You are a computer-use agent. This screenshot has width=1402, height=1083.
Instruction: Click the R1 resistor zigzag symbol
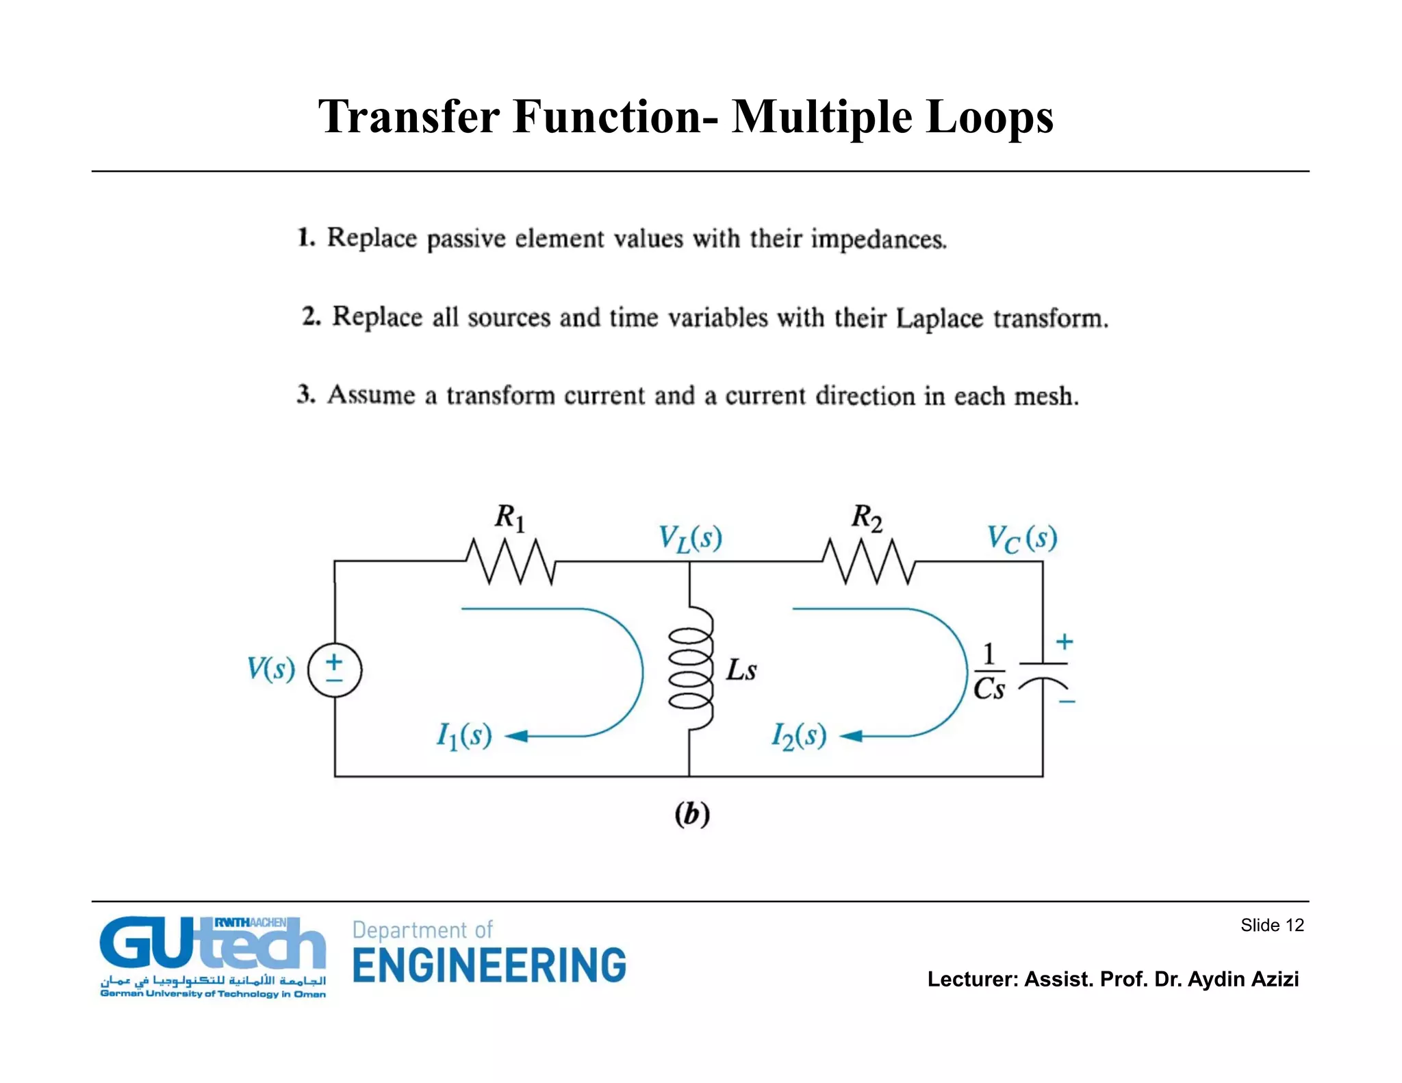(511, 561)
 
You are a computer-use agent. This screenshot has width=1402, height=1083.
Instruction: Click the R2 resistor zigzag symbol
(868, 561)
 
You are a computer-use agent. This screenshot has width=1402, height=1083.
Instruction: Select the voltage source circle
(334, 670)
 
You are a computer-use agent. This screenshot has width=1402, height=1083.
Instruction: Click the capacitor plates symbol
(1043, 674)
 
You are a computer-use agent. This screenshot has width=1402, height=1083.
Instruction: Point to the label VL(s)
(690, 538)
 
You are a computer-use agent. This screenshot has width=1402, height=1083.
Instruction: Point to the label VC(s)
(1021, 538)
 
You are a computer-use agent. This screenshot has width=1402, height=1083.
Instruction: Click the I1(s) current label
(465, 737)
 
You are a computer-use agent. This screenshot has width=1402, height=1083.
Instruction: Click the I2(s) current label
(799, 737)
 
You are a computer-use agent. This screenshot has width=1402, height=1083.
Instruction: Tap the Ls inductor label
(741, 670)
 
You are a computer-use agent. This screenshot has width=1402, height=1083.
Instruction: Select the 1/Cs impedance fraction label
(989, 672)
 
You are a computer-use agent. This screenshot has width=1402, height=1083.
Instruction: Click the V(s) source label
(271, 669)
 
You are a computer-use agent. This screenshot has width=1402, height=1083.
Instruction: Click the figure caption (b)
(692, 815)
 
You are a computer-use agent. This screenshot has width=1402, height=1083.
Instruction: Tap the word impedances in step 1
(878, 240)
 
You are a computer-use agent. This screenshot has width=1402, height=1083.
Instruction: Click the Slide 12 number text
(1272, 926)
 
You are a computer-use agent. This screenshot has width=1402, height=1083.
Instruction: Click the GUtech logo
(213, 956)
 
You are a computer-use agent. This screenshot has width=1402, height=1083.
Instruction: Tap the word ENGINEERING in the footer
(489, 965)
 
